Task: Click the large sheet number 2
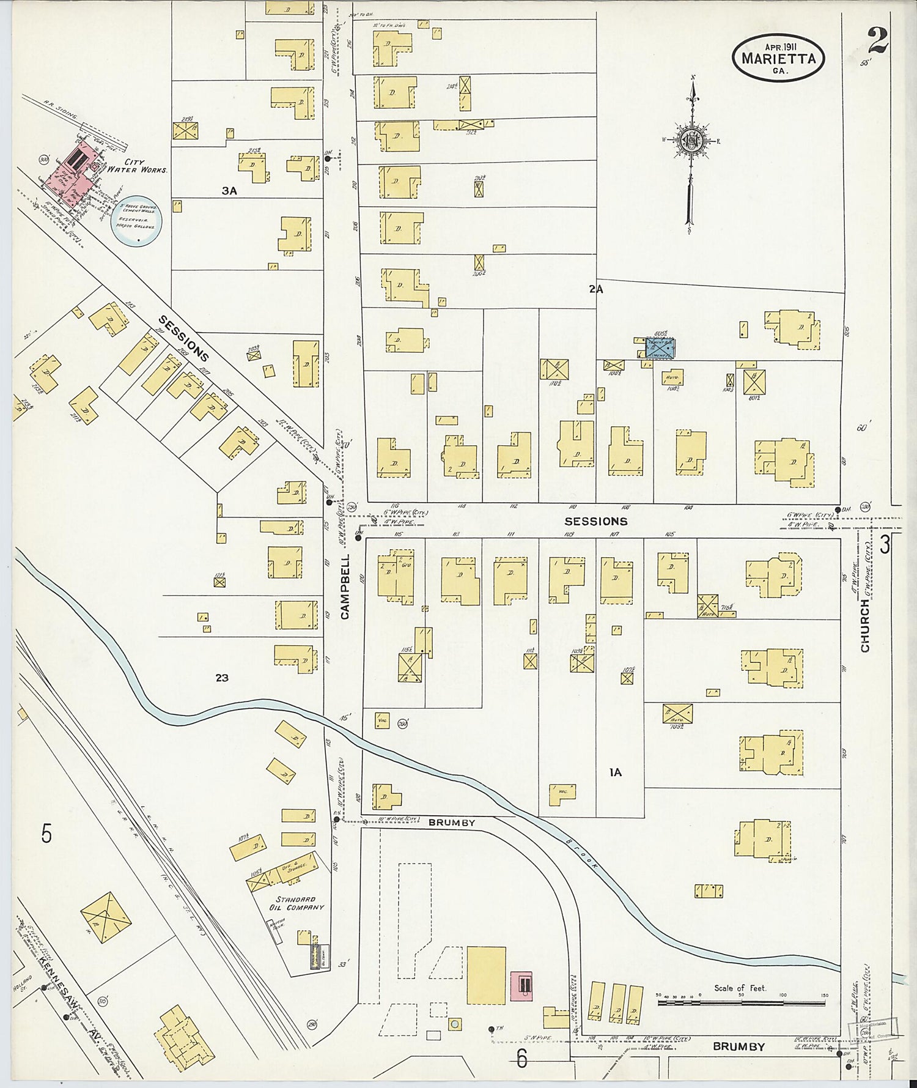point(877,41)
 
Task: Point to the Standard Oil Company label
point(299,903)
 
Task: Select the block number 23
point(222,678)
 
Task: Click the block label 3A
point(229,191)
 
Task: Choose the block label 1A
point(615,772)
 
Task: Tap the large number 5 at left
point(46,834)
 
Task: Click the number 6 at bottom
point(521,1057)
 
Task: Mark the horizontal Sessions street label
point(595,521)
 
